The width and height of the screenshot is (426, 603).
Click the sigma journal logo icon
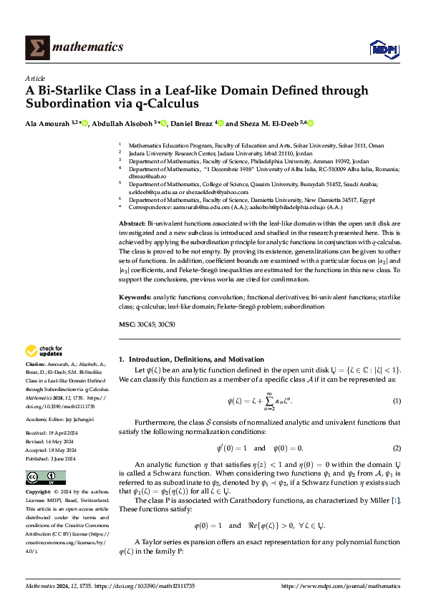[x=36, y=47]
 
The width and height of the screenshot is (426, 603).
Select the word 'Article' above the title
[x=35, y=78]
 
